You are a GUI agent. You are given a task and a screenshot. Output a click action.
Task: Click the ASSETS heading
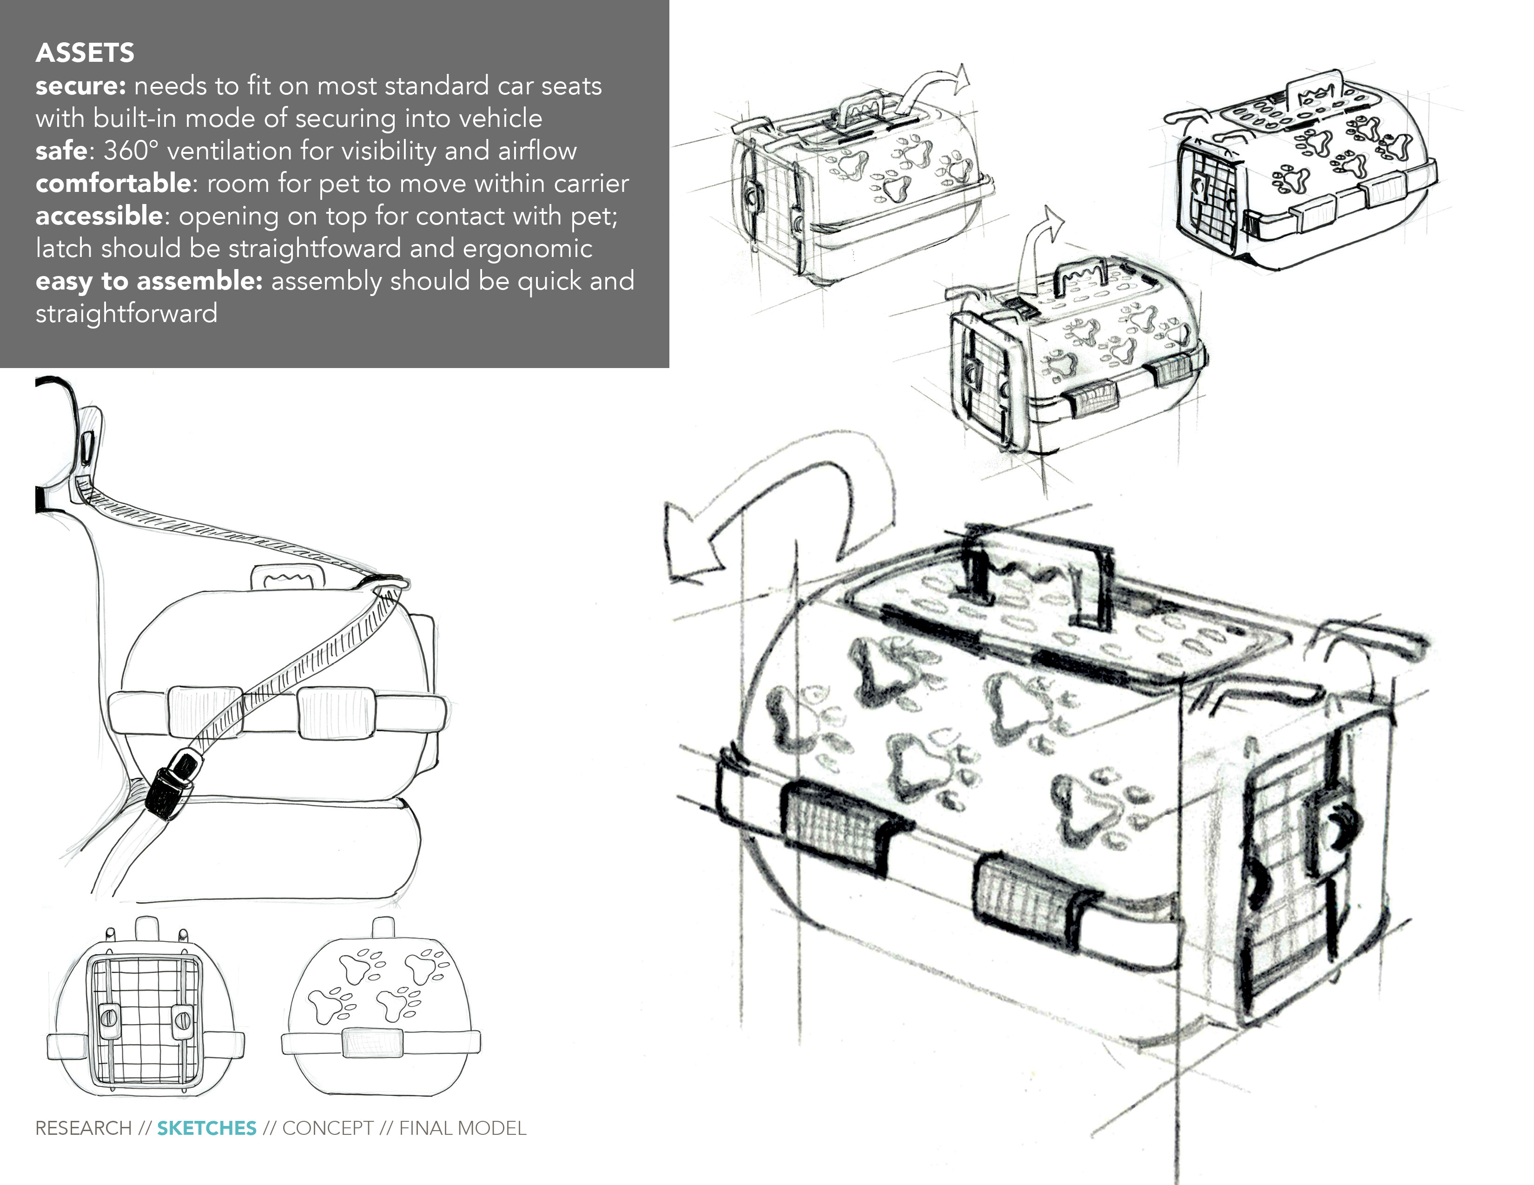85,53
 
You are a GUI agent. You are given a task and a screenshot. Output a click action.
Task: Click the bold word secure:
80,86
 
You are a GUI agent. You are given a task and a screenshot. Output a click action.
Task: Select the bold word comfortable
112,183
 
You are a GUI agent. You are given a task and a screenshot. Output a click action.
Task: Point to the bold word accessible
99,216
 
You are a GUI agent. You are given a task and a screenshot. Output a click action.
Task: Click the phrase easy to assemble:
149,281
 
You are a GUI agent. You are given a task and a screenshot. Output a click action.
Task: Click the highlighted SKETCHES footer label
206,1128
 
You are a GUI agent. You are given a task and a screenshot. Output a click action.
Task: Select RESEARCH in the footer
83,1128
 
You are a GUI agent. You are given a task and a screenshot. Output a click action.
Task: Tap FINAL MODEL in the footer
462,1128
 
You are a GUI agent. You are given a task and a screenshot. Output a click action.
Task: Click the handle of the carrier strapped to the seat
288,578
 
